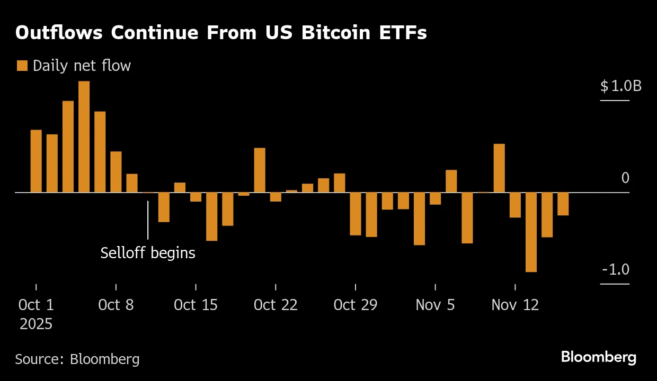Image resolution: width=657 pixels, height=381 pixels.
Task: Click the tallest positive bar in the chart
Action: [x=84, y=137]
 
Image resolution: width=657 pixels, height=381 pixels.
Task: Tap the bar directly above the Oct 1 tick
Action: [x=36, y=161]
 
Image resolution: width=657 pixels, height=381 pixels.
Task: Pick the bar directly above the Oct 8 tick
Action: [x=116, y=171]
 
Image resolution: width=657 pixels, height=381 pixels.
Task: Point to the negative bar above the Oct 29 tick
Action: [x=355, y=213]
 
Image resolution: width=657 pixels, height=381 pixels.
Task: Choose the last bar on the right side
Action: [x=563, y=204]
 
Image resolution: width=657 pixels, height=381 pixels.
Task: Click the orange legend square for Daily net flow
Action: [x=22, y=66]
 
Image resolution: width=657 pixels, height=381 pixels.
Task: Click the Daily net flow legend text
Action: [x=82, y=66]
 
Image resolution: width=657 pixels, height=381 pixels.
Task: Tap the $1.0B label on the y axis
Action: [x=620, y=86]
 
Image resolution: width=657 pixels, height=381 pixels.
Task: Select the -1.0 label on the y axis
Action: [x=616, y=269]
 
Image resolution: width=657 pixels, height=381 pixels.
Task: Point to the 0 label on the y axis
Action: [x=625, y=178]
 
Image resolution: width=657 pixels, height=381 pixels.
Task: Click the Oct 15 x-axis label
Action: [x=196, y=305]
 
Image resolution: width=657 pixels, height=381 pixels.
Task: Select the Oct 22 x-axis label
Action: [x=276, y=305]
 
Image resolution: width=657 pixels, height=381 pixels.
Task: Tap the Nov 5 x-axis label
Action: [x=435, y=305]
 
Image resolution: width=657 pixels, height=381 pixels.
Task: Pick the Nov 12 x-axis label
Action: [x=515, y=305]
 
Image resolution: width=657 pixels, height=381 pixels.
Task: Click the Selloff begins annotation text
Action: [x=148, y=253]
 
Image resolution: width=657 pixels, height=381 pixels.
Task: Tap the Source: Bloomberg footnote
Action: [x=77, y=359]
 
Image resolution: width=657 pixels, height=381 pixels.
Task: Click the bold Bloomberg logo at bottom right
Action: [x=599, y=357]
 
